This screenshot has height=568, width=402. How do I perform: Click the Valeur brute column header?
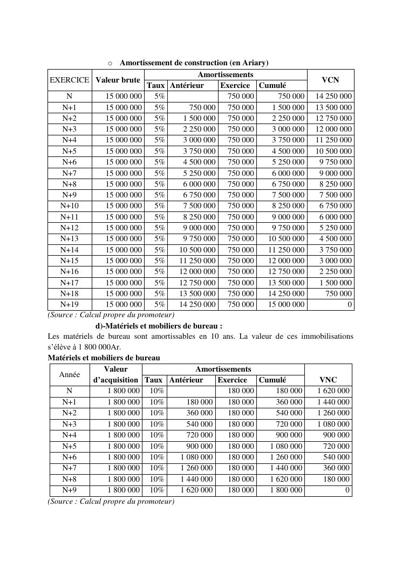(118, 80)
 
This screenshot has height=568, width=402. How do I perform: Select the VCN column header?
(330, 80)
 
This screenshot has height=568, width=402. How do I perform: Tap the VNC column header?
(329, 380)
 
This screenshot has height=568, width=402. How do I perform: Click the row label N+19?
(70, 304)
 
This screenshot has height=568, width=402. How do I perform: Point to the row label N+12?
(70, 228)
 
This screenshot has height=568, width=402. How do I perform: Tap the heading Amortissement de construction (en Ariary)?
(194, 63)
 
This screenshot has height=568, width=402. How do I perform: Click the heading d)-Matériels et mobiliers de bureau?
(159, 326)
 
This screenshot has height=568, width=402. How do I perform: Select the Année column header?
(70, 374)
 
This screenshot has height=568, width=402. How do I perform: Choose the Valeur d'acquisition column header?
(115, 374)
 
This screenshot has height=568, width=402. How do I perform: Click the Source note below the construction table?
(111, 314)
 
